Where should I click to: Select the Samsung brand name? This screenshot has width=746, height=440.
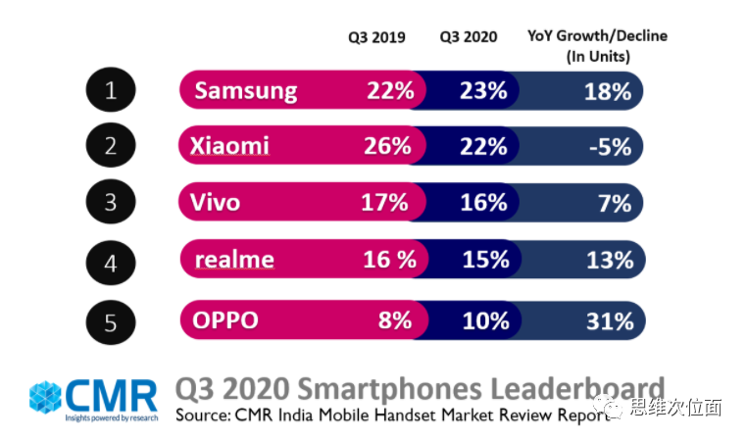tap(245, 91)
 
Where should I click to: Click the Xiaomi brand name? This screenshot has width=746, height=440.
tap(231, 147)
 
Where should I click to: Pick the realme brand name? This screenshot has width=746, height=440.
tap(234, 260)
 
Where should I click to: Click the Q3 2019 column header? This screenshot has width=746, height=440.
tap(376, 37)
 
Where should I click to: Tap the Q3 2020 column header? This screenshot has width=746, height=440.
tap(468, 37)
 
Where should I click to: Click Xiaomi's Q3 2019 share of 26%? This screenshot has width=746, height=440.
tap(388, 147)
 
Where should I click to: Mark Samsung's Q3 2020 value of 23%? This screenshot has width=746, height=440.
tap(483, 91)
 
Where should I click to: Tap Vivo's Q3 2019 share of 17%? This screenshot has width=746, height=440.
tap(384, 203)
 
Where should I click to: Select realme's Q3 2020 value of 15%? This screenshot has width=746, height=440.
tap(485, 260)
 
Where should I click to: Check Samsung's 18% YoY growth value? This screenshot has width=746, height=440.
tap(609, 91)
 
